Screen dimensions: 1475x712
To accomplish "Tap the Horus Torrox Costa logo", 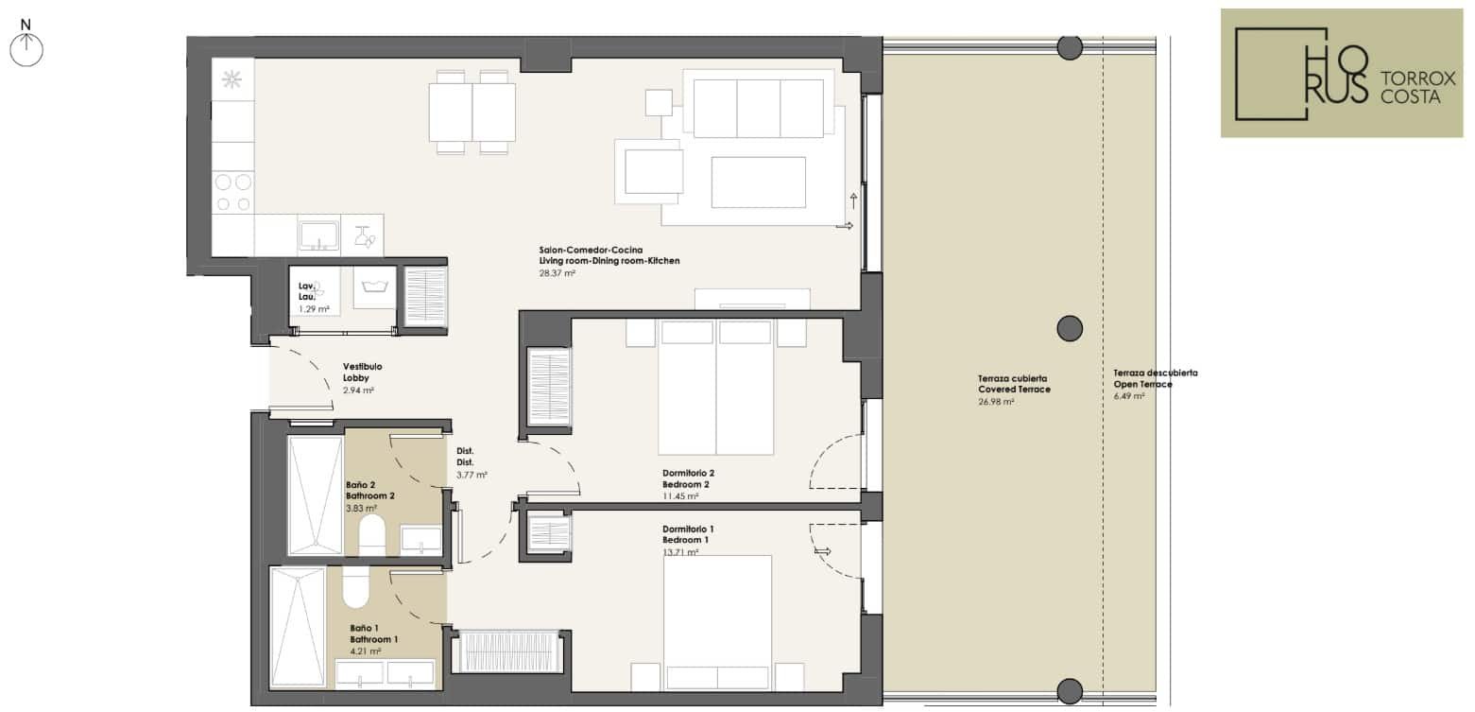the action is click(1342, 73).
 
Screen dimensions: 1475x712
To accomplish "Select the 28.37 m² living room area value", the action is click(557, 272).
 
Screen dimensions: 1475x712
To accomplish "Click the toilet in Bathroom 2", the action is click(372, 534).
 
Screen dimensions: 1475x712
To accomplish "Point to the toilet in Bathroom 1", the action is click(355, 587).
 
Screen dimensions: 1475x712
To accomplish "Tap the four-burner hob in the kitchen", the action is click(233, 192).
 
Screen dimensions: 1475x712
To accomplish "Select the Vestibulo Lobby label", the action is click(362, 373).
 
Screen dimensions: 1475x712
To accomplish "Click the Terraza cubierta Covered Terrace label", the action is click(1014, 384).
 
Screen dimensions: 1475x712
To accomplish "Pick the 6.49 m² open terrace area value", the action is click(1128, 396).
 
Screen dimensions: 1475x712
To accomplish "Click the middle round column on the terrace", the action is click(1070, 328).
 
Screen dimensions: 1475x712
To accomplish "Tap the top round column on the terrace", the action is click(1070, 47).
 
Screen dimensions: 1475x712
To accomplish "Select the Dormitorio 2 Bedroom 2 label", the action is click(688, 478).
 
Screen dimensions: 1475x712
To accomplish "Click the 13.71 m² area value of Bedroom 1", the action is click(680, 552).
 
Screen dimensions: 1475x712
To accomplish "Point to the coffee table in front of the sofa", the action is click(758, 182).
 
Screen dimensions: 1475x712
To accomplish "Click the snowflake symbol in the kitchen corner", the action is click(232, 79).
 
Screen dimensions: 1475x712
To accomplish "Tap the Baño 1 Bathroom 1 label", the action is click(374, 634).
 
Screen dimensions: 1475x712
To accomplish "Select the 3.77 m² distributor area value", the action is click(472, 475).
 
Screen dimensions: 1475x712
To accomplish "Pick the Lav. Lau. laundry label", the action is click(307, 291).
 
